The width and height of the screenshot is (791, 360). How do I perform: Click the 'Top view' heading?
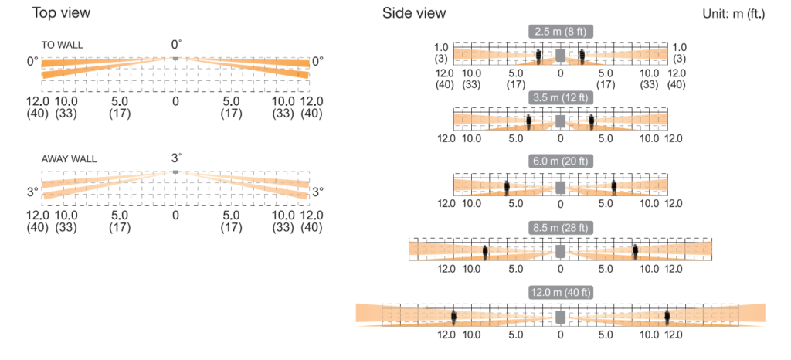(61, 12)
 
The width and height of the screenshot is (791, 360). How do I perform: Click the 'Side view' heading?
(414, 13)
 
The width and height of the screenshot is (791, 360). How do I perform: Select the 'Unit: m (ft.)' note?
(734, 14)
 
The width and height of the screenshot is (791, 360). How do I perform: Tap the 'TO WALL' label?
(63, 46)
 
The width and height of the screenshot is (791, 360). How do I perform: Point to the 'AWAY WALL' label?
(69, 159)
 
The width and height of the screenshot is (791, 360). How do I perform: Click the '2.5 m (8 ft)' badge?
(561, 31)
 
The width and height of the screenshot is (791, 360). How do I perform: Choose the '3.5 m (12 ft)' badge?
(561, 97)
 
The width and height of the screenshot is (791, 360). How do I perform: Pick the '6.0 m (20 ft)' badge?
(561, 161)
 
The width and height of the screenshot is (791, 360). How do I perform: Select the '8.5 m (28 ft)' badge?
(561, 227)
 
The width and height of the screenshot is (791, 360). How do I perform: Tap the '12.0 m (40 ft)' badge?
(561, 292)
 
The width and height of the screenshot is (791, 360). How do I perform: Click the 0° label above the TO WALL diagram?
(175, 45)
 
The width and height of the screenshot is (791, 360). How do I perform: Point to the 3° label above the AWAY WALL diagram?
(176, 158)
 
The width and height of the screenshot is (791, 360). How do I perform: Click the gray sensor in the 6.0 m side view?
(561, 187)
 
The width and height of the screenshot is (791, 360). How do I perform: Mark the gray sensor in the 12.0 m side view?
(561, 317)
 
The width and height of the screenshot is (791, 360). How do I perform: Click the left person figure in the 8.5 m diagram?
(485, 252)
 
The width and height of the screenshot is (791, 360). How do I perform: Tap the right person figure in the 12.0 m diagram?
(667, 317)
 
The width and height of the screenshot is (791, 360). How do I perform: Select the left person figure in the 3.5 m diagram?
(528, 123)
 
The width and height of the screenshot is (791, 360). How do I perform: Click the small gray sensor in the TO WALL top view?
(175, 59)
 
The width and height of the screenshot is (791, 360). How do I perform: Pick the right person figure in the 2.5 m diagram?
(582, 56)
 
